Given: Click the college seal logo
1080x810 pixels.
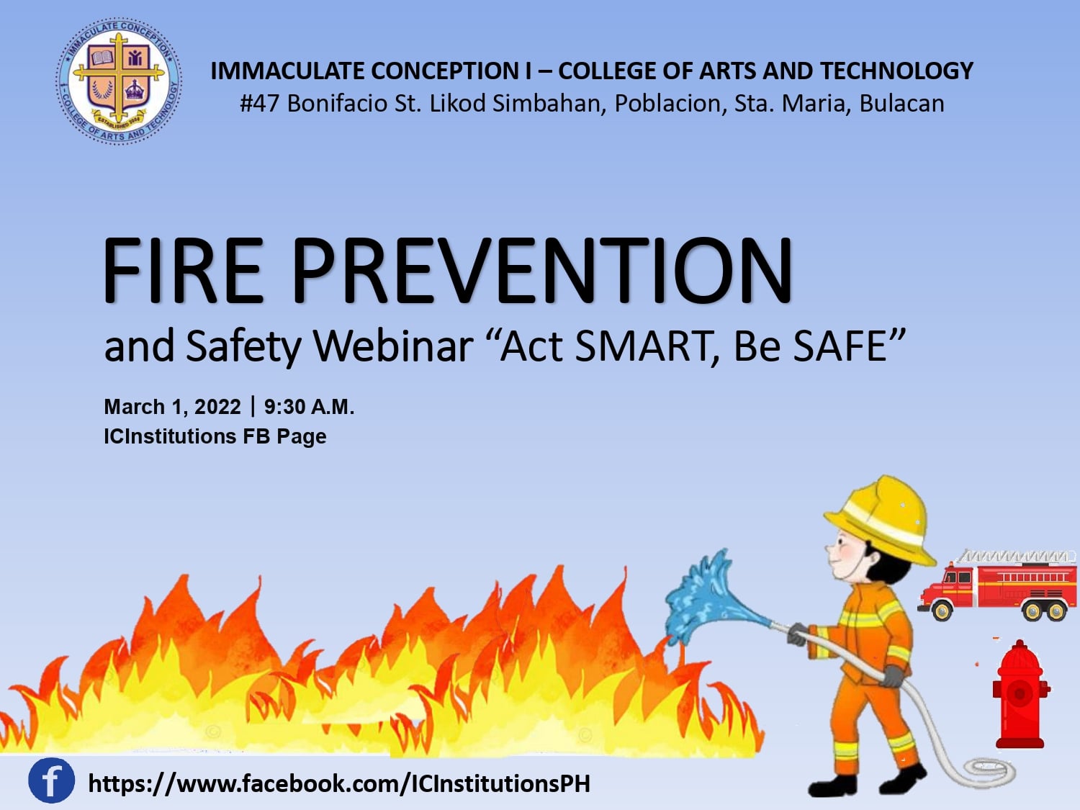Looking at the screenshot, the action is click(119, 81).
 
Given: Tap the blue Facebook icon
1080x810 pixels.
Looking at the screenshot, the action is click(51, 780).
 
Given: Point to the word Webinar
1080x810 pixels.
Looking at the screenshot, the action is click(393, 346).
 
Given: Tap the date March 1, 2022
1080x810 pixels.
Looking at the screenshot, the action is click(172, 408).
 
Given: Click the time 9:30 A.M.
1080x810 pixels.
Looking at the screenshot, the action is click(309, 408).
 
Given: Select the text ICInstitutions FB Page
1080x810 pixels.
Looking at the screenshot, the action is click(215, 437).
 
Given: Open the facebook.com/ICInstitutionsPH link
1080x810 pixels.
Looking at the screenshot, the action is click(339, 783).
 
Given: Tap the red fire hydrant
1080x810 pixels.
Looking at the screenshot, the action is click(1020, 694).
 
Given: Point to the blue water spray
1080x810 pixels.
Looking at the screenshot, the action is click(714, 600).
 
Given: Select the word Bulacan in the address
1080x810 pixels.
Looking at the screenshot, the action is click(901, 104).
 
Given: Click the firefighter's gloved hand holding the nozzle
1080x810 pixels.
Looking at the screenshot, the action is click(796, 634).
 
